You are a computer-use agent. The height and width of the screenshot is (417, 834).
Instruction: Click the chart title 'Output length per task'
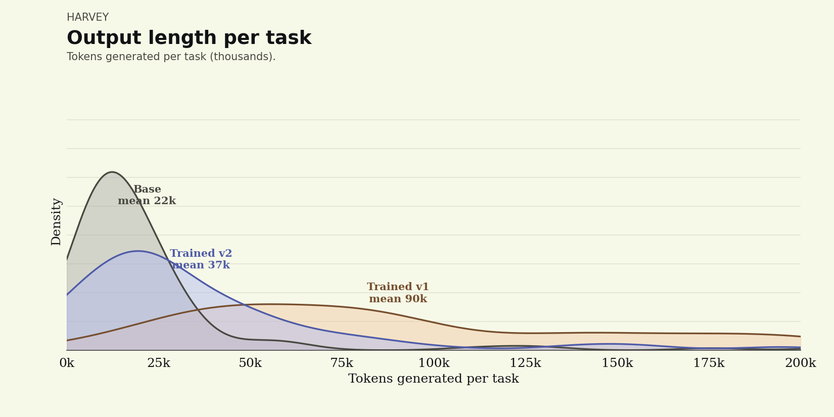(189, 38)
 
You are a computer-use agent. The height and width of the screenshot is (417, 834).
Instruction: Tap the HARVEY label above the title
(88, 17)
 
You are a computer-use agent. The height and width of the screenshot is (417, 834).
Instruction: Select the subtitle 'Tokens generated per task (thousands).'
(171, 57)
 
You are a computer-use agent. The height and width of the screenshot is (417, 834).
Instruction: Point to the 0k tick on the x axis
(67, 363)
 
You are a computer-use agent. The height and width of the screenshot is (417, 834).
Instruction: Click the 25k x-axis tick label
(159, 363)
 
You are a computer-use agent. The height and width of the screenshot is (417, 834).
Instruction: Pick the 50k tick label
(250, 363)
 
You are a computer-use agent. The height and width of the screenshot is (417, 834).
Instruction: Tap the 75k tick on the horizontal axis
(342, 363)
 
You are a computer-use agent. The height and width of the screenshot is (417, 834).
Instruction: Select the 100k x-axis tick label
(434, 363)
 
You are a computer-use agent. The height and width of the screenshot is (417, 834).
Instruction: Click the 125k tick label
(525, 363)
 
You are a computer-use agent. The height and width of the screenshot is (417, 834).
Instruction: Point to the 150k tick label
(617, 363)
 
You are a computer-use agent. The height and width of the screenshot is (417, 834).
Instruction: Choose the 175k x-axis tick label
(709, 363)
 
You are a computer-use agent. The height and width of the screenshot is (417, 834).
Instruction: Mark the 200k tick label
(801, 363)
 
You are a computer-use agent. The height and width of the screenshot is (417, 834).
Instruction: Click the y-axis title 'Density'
(56, 222)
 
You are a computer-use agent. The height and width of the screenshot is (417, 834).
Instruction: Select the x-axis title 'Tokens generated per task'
(434, 379)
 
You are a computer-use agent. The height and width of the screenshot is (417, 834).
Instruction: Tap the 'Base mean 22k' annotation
(147, 195)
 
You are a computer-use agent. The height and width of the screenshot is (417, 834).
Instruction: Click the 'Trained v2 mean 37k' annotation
(201, 259)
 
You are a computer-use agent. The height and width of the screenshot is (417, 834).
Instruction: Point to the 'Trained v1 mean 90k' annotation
(398, 293)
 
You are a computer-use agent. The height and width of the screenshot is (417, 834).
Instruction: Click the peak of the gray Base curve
(112, 172)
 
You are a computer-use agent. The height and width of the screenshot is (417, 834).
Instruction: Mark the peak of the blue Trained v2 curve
(138, 251)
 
